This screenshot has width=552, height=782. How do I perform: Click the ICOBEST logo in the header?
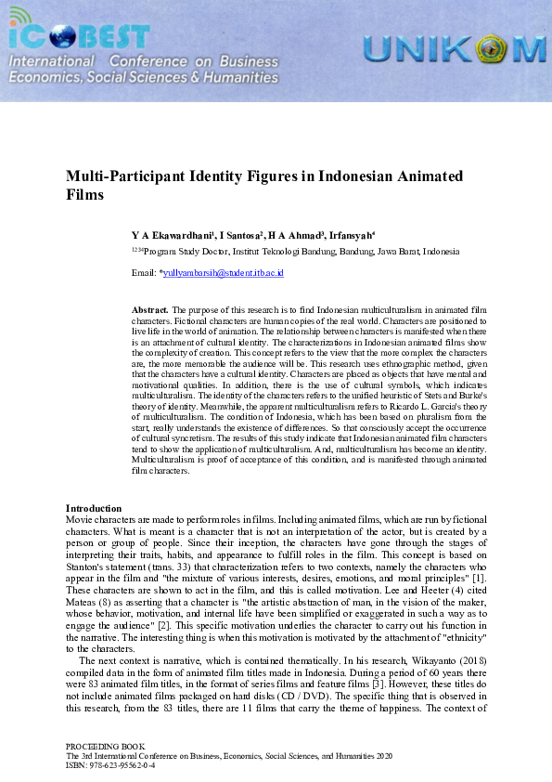[79, 35]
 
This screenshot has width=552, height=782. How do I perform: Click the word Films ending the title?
[84, 195]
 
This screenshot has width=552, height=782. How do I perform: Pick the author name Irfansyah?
[352, 235]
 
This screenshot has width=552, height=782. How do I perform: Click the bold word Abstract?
[149, 307]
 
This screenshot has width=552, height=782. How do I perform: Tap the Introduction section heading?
[94, 508]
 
